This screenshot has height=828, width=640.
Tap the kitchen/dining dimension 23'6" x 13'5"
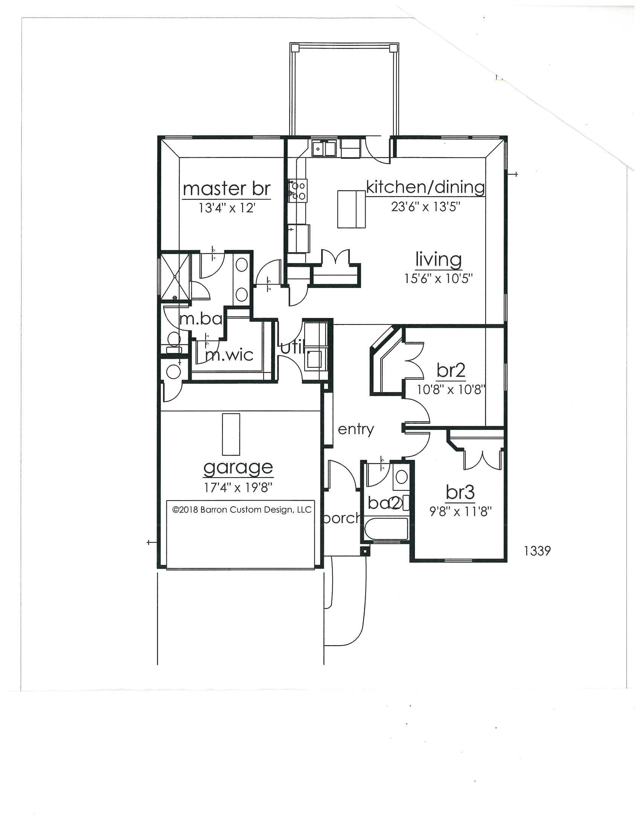pyautogui.click(x=426, y=207)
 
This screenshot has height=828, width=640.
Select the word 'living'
pyautogui.click(x=439, y=260)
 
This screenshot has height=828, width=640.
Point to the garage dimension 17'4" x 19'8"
pyautogui.click(x=238, y=487)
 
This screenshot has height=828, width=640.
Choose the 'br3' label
pyautogui.click(x=460, y=493)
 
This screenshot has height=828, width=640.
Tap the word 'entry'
pyautogui.click(x=356, y=429)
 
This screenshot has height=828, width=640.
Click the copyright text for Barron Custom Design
pyautogui.click(x=242, y=510)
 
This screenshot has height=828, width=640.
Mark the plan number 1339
pyautogui.click(x=537, y=551)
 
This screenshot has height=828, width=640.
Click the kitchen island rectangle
pyautogui.click(x=352, y=209)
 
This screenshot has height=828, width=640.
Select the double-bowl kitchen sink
pyautogui.click(x=324, y=148)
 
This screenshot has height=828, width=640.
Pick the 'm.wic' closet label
pyautogui.click(x=229, y=355)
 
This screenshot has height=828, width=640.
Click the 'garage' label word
pyautogui.click(x=238, y=468)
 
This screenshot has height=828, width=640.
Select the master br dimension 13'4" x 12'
pyautogui.click(x=226, y=208)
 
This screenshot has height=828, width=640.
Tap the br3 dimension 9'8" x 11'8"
pyautogui.click(x=460, y=512)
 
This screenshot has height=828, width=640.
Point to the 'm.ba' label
pyautogui.click(x=201, y=319)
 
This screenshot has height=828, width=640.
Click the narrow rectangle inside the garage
pyautogui.click(x=231, y=434)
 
